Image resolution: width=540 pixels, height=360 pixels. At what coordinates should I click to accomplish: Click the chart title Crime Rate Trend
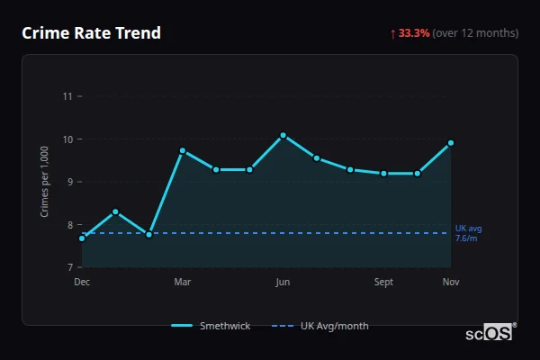[x=92, y=33]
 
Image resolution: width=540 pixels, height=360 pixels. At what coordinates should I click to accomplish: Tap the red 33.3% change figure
[x=414, y=33]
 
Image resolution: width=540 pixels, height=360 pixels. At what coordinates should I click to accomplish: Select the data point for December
[x=82, y=238]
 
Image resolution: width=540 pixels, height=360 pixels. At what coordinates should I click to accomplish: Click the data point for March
[x=183, y=150]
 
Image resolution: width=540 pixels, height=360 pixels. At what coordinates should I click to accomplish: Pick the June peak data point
[x=283, y=135]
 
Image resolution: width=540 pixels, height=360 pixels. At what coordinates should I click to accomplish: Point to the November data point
[x=451, y=143]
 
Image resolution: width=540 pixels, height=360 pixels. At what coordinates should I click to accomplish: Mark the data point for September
[x=383, y=173]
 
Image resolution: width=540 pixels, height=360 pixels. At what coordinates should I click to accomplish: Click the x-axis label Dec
[x=82, y=283]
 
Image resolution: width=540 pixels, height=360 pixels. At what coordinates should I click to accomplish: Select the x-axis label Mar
[x=183, y=283]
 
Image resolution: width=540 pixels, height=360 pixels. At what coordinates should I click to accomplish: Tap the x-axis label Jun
[x=283, y=283]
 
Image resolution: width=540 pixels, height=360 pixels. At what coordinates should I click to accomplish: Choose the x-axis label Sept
[x=383, y=283]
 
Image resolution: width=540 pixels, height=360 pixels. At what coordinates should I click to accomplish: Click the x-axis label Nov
[x=451, y=283]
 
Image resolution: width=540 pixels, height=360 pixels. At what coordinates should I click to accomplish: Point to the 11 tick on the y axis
[x=67, y=96]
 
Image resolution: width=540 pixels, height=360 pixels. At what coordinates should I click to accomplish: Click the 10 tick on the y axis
[x=67, y=139]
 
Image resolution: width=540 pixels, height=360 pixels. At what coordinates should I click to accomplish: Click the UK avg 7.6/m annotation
[x=467, y=233]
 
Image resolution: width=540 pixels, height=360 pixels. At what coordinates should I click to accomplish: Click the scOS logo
[x=490, y=332]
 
